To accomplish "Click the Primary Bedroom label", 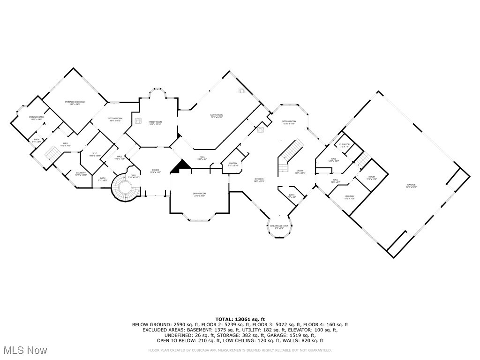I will coord(75,103).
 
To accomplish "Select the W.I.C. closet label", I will coord(95,154).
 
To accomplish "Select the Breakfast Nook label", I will coord(279,227).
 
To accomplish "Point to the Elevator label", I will coord(345,145).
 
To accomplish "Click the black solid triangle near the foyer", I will coord(180,166).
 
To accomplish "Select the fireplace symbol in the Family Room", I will coord(139,120).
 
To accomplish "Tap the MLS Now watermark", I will coord(24,350).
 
